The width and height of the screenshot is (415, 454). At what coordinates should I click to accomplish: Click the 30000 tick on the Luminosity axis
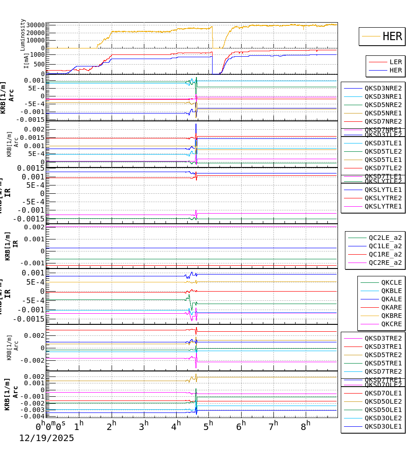(x=35, y=25)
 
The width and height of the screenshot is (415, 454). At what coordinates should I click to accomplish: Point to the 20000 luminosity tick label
(x=35, y=33)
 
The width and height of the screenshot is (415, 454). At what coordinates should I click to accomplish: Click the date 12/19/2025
(x=46, y=438)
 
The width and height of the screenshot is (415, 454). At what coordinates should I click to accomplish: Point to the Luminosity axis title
(x=23, y=35)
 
